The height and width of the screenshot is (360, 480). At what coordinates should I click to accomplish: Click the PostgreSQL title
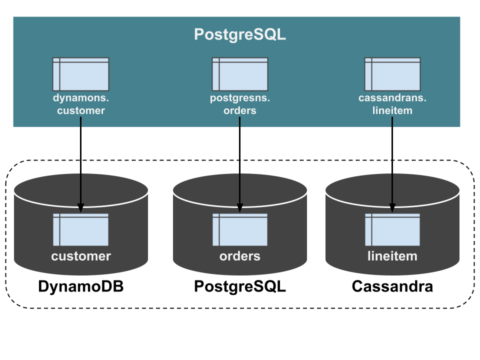pyautogui.click(x=240, y=34)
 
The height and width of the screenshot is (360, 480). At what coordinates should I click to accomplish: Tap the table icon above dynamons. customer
pyautogui.click(x=80, y=74)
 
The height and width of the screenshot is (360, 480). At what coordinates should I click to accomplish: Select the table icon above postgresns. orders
pyautogui.click(x=240, y=74)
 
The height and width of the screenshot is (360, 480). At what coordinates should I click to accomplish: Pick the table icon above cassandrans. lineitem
pyautogui.click(x=392, y=74)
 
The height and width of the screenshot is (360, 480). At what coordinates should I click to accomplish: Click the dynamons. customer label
pyautogui.click(x=81, y=104)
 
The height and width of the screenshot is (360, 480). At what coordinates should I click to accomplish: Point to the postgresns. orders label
pyautogui.click(x=240, y=104)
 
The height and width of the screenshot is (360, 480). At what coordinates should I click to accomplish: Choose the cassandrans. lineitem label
pyautogui.click(x=392, y=104)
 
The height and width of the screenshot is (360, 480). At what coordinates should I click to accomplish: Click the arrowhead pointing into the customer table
pyautogui.click(x=80, y=208)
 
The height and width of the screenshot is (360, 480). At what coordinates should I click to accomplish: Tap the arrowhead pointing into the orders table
pyautogui.click(x=239, y=208)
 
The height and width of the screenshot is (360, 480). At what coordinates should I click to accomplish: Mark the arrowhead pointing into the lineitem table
pyautogui.click(x=392, y=208)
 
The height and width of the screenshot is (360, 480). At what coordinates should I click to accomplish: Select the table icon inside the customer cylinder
pyautogui.click(x=80, y=230)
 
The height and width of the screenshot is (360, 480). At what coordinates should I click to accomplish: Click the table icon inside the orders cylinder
pyautogui.click(x=240, y=230)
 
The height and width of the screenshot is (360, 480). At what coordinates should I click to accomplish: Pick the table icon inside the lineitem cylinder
pyautogui.click(x=392, y=230)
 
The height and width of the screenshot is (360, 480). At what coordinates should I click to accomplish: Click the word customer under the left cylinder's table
pyautogui.click(x=81, y=256)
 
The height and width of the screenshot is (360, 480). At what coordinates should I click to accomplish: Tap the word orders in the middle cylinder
pyautogui.click(x=240, y=256)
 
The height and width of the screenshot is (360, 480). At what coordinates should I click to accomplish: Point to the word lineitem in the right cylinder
pyautogui.click(x=392, y=256)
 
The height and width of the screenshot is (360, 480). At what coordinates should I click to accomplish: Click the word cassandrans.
pyautogui.click(x=392, y=98)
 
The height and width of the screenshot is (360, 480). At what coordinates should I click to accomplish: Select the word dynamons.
pyautogui.click(x=81, y=98)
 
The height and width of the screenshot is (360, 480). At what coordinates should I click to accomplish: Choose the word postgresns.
pyautogui.click(x=240, y=98)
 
